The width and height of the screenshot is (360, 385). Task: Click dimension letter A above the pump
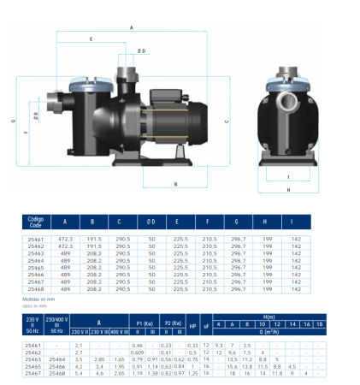(132, 27)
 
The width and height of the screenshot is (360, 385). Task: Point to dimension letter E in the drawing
(91, 39)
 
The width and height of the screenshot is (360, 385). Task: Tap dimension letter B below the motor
(174, 183)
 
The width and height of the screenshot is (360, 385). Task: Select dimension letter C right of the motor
(225, 121)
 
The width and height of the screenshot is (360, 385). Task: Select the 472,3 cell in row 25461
(65, 237)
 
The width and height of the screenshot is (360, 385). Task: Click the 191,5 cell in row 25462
(92, 246)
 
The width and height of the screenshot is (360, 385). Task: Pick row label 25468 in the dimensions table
(35, 290)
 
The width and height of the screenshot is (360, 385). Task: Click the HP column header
(193, 325)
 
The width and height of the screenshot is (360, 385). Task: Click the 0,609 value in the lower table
(136, 352)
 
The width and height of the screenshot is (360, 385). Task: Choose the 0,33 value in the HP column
(193, 344)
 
